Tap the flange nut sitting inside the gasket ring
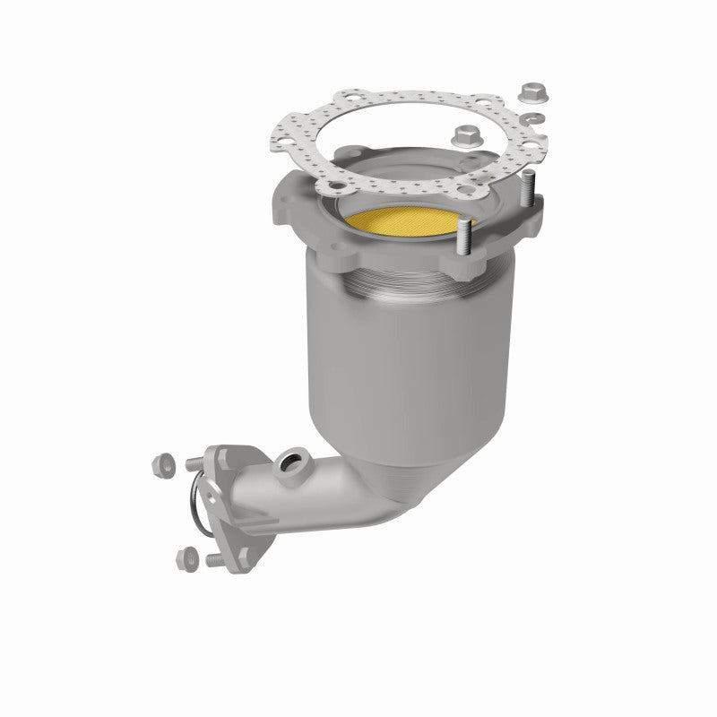(465, 136)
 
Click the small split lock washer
(532, 120)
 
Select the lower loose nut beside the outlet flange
(187, 555)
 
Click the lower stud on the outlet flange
(216, 561)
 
